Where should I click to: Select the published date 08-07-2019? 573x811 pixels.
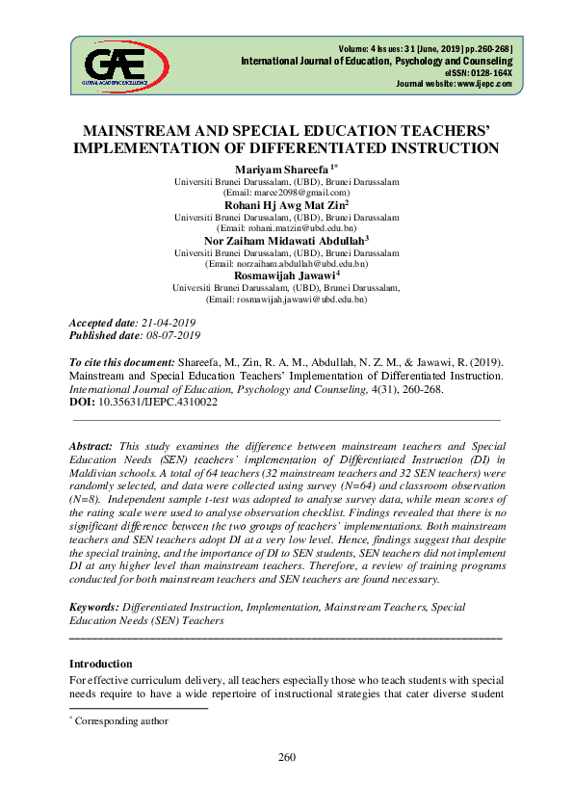169,335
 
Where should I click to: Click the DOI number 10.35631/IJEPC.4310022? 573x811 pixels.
158,402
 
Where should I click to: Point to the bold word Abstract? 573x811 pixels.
91,447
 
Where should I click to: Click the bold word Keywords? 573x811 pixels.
94,608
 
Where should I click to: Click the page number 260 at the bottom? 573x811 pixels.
286,783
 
